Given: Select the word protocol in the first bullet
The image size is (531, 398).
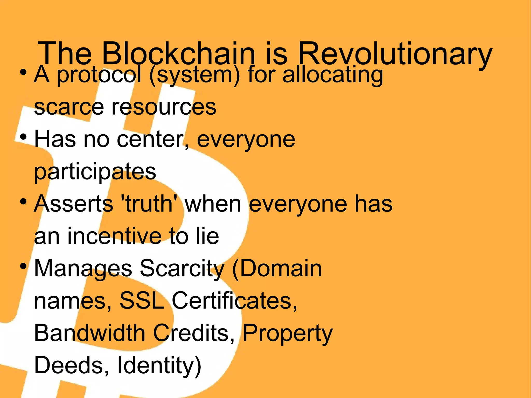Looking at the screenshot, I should click(x=99, y=75).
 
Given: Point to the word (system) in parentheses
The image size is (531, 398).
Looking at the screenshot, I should click(x=195, y=75).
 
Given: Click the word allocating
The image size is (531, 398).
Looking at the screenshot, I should click(x=333, y=75).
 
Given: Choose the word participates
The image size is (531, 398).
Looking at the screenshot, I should click(x=95, y=172).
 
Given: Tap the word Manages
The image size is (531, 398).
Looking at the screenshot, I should click(x=83, y=269).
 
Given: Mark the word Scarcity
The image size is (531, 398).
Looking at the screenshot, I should click(x=182, y=269).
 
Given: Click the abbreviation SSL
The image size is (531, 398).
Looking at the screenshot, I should click(x=142, y=301).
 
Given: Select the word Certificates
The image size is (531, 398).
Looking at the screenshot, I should click(x=234, y=301).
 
